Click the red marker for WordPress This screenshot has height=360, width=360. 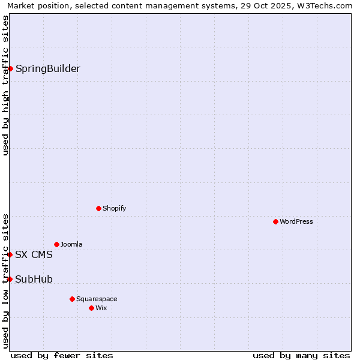coord(275,221)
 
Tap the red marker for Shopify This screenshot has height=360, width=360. coord(98,208)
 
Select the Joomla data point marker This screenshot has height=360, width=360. coord(56,244)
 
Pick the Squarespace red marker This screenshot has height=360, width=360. coord(72,299)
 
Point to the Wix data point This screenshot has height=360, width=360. coord(91,308)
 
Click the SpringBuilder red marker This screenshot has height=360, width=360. coord(10,68)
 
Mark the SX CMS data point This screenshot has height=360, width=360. coord(10,254)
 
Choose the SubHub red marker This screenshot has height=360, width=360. coord(10,279)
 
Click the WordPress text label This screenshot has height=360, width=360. coord(296,221)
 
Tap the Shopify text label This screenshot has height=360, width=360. coord(115,208)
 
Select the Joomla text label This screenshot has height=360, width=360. coord(71,244)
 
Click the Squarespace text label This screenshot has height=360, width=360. coord(97,299)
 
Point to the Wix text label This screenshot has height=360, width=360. coord(101,308)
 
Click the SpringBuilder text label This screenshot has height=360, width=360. coord(48,68)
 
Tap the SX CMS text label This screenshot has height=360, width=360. coord(34,254)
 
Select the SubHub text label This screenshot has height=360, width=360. coord(34,279)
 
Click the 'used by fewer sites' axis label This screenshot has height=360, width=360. coord(62,355)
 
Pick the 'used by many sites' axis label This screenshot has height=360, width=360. coord(301,355)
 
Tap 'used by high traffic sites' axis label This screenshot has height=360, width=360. coord(5,85)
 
